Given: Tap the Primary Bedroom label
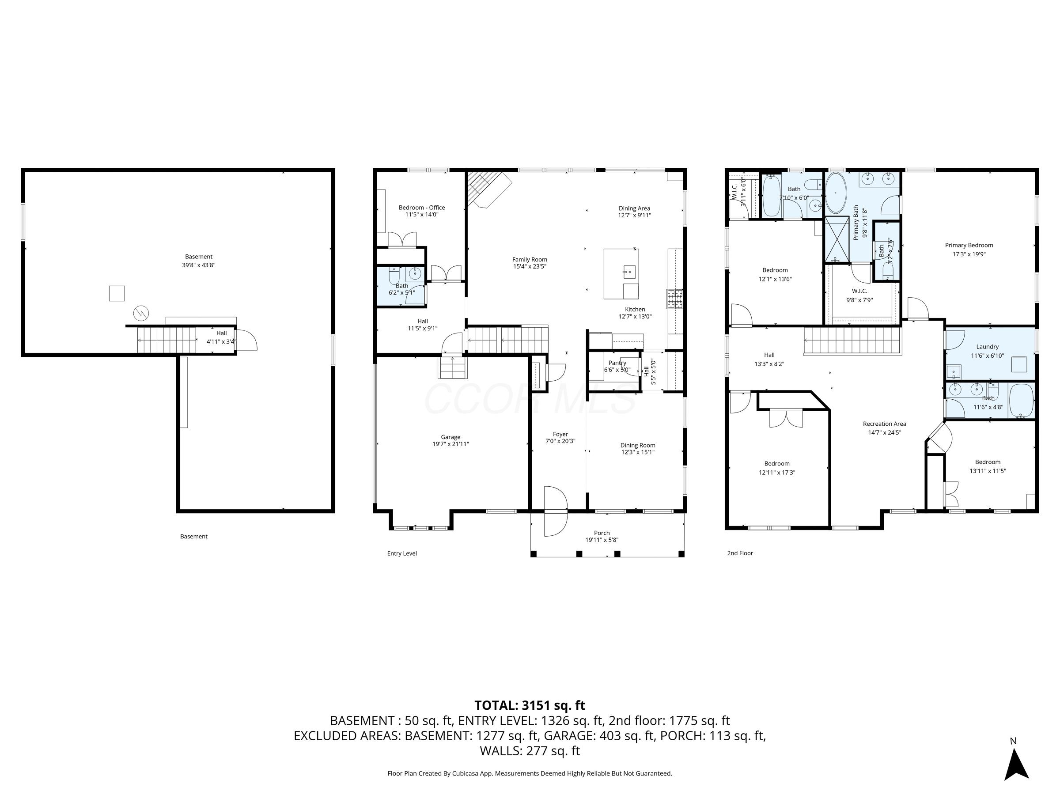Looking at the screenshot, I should click(x=969, y=246).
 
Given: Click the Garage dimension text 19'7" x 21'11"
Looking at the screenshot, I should click(x=450, y=444).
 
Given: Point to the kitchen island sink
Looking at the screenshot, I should click(x=629, y=272).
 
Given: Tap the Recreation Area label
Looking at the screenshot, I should click(x=884, y=424).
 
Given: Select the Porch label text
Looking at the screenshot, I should click(x=602, y=533).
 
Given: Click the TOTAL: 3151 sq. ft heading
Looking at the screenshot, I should click(x=530, y=705).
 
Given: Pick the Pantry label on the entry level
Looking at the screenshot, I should click(x=617, y=363).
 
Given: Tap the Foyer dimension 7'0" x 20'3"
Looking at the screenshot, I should click(x=560, y=441).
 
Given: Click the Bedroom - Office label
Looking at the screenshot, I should click(x=422, y=208).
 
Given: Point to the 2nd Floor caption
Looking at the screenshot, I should click(x=740, y=553).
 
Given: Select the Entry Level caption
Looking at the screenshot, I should click(x=401, y=553).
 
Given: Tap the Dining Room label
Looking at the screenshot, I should click(x=637, y=445).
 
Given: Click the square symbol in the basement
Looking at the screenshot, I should click(x=117, y=293).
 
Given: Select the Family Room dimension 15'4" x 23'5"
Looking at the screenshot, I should click(x=529, y=266).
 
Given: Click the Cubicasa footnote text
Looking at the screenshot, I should click(x=530, y=773).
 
